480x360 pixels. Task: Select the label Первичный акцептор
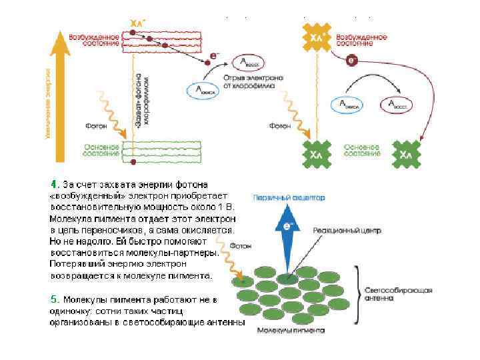[289, 197]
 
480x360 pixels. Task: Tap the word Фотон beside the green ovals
[241, 245]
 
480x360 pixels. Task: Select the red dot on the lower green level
[133, 162]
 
